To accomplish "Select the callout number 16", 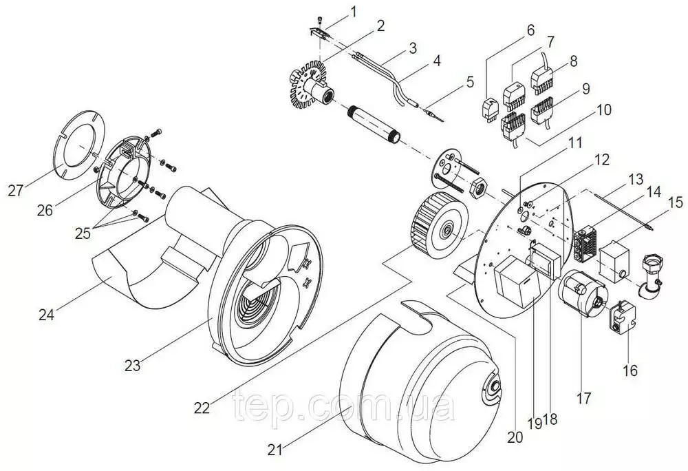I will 630,370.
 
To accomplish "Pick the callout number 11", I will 575,143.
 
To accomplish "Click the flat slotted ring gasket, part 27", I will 80,144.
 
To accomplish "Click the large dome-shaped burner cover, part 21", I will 420,372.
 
